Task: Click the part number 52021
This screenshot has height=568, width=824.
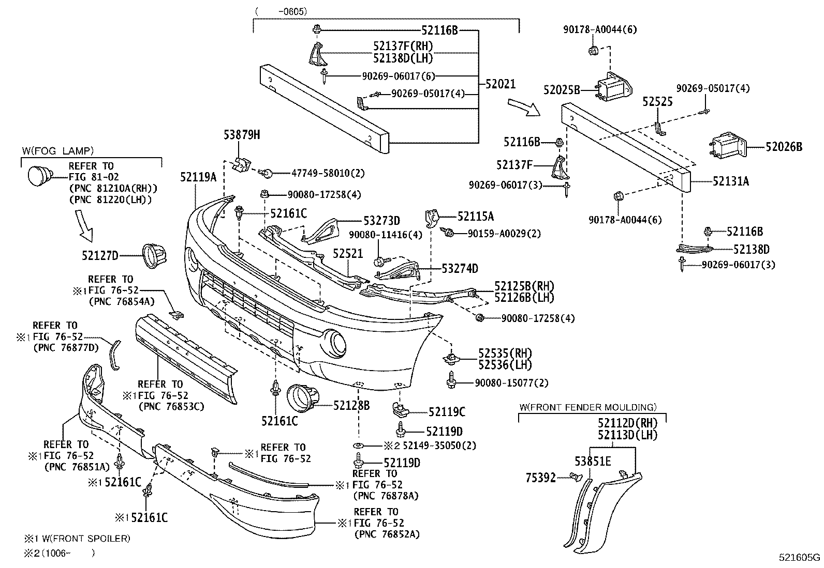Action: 501,84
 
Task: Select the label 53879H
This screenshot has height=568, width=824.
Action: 242,135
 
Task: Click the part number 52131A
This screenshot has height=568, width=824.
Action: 730,181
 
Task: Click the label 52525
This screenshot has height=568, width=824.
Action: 657,101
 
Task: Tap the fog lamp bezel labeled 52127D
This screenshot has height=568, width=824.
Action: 154,256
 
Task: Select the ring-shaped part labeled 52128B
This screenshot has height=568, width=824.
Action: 303,398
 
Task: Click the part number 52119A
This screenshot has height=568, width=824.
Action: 198,177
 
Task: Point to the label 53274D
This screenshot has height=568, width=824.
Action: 460,269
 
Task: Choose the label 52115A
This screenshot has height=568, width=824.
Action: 476,217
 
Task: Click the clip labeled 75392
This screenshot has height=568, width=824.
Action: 575,477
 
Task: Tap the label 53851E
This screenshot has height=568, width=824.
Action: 593,461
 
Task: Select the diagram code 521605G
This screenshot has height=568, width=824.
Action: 799,557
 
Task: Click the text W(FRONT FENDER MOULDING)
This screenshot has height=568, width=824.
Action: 588,407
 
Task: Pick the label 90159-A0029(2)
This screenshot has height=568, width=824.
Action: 504,234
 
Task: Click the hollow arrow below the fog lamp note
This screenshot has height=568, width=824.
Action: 84,225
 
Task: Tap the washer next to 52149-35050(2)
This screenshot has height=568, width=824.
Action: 358,446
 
